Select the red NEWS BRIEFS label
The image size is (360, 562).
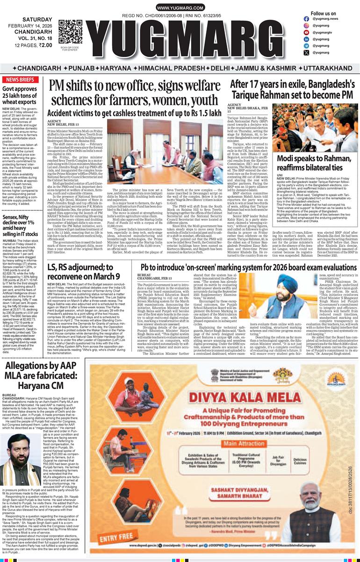click(x=20, y=79)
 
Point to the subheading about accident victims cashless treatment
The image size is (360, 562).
click(x=134, y=114)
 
